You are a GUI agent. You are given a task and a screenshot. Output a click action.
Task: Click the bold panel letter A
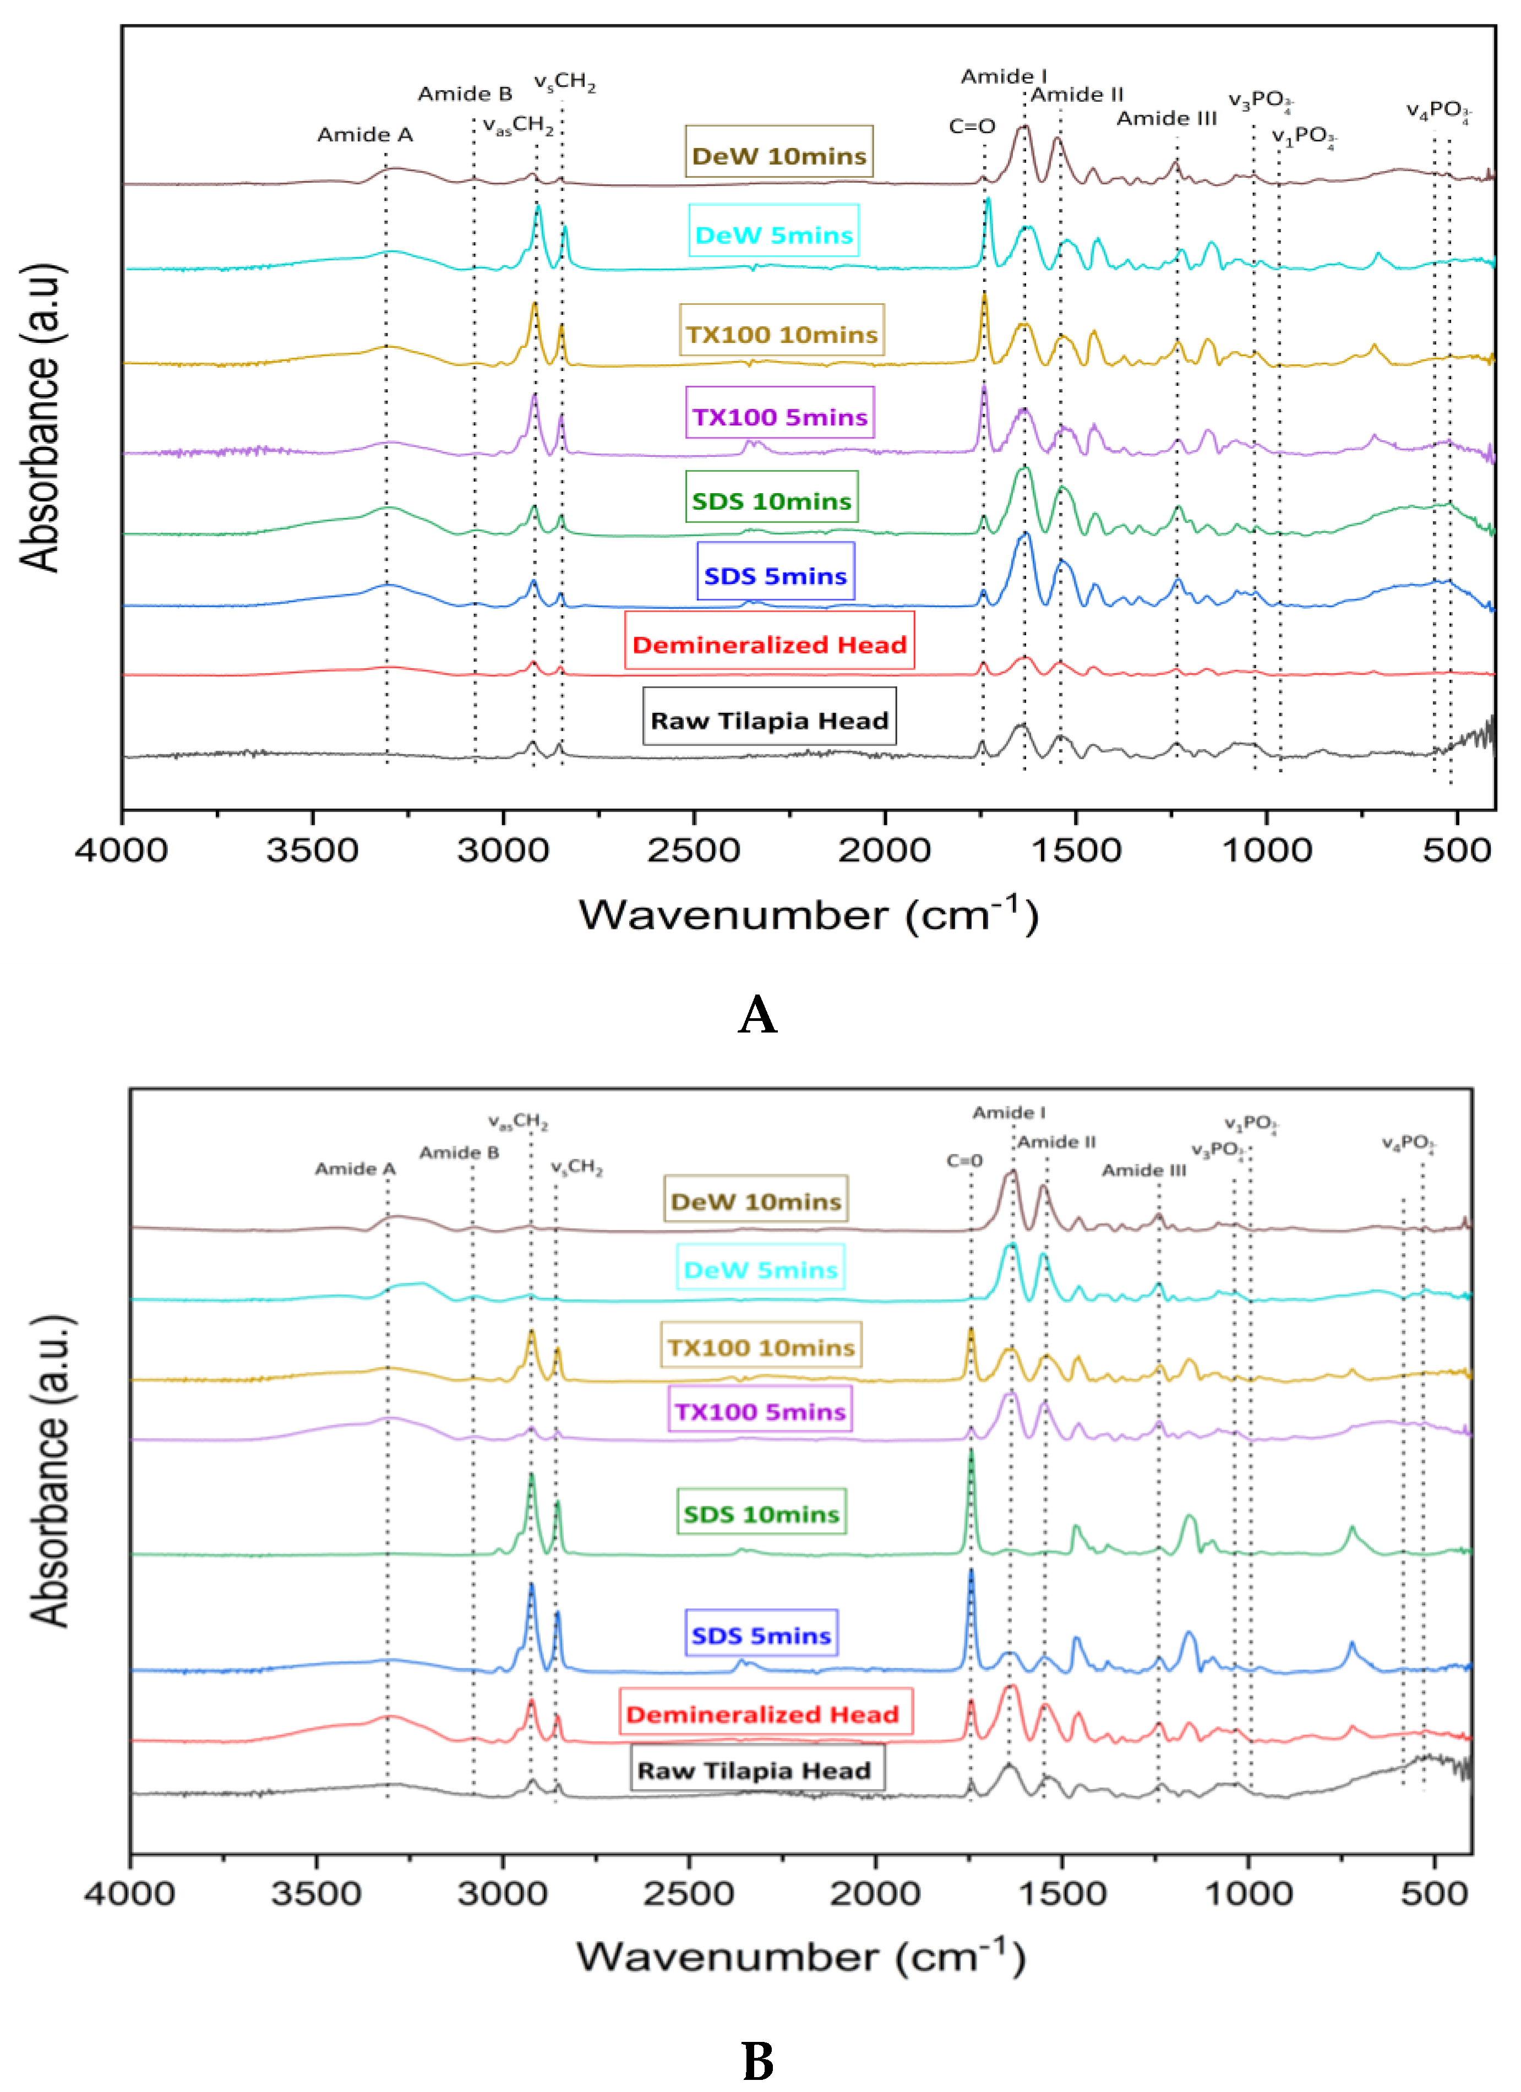point(757,1015)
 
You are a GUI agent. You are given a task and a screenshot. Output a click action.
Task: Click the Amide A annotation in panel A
point(366,135)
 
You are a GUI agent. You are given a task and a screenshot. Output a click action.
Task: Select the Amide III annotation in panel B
point(1144,1171)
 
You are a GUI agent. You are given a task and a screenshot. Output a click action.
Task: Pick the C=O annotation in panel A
point(972,127)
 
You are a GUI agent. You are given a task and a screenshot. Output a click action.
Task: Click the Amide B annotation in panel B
point(459,1153)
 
